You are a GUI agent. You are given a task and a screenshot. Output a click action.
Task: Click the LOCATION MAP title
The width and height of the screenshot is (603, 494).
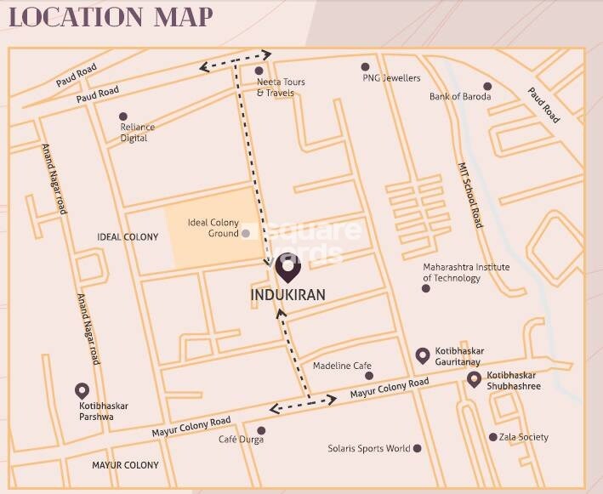(111, 17)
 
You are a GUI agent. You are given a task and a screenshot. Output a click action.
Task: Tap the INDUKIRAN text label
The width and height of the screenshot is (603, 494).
(288, 294)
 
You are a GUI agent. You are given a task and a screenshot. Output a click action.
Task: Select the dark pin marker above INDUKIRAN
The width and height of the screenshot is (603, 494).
(288, 270)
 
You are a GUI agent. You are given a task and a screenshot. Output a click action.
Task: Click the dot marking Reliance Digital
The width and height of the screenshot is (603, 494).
(123, 116)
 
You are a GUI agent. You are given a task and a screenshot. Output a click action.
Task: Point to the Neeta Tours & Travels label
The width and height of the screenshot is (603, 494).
(281, 88)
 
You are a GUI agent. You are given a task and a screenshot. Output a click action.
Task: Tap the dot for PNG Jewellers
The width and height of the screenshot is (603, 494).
(365, 66)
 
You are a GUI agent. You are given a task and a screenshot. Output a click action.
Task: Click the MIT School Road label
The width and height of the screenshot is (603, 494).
(470, 195)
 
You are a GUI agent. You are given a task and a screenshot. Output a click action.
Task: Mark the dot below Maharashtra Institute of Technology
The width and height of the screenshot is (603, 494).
(426, 288)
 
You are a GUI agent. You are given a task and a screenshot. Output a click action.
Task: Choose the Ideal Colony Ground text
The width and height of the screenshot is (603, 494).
(213, 228)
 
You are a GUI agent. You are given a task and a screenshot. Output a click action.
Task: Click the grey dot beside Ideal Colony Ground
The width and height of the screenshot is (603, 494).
(246, 233)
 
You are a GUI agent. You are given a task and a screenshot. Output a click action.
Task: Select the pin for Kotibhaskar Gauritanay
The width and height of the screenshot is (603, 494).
(422, 355)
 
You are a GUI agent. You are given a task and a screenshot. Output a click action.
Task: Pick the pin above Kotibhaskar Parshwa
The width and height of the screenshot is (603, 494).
(82, 390)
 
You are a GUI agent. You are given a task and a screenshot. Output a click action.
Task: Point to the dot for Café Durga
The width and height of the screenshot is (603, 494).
(261, 430)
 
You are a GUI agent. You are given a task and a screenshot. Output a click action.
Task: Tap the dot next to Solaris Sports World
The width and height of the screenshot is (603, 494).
(417, 448)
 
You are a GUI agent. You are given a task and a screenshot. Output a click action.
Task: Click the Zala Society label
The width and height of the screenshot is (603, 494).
(525, 437)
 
